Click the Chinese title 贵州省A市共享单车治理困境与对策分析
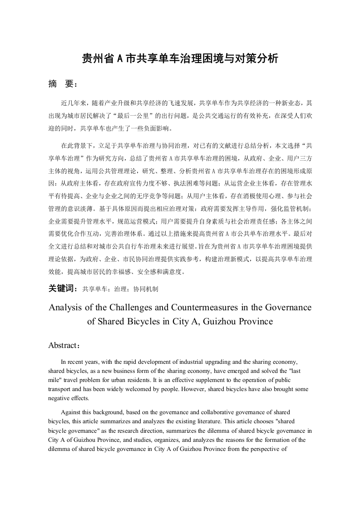pos(180,58)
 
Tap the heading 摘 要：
pos(63,84)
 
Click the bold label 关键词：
pos(63,288)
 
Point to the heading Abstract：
pos(64,345)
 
